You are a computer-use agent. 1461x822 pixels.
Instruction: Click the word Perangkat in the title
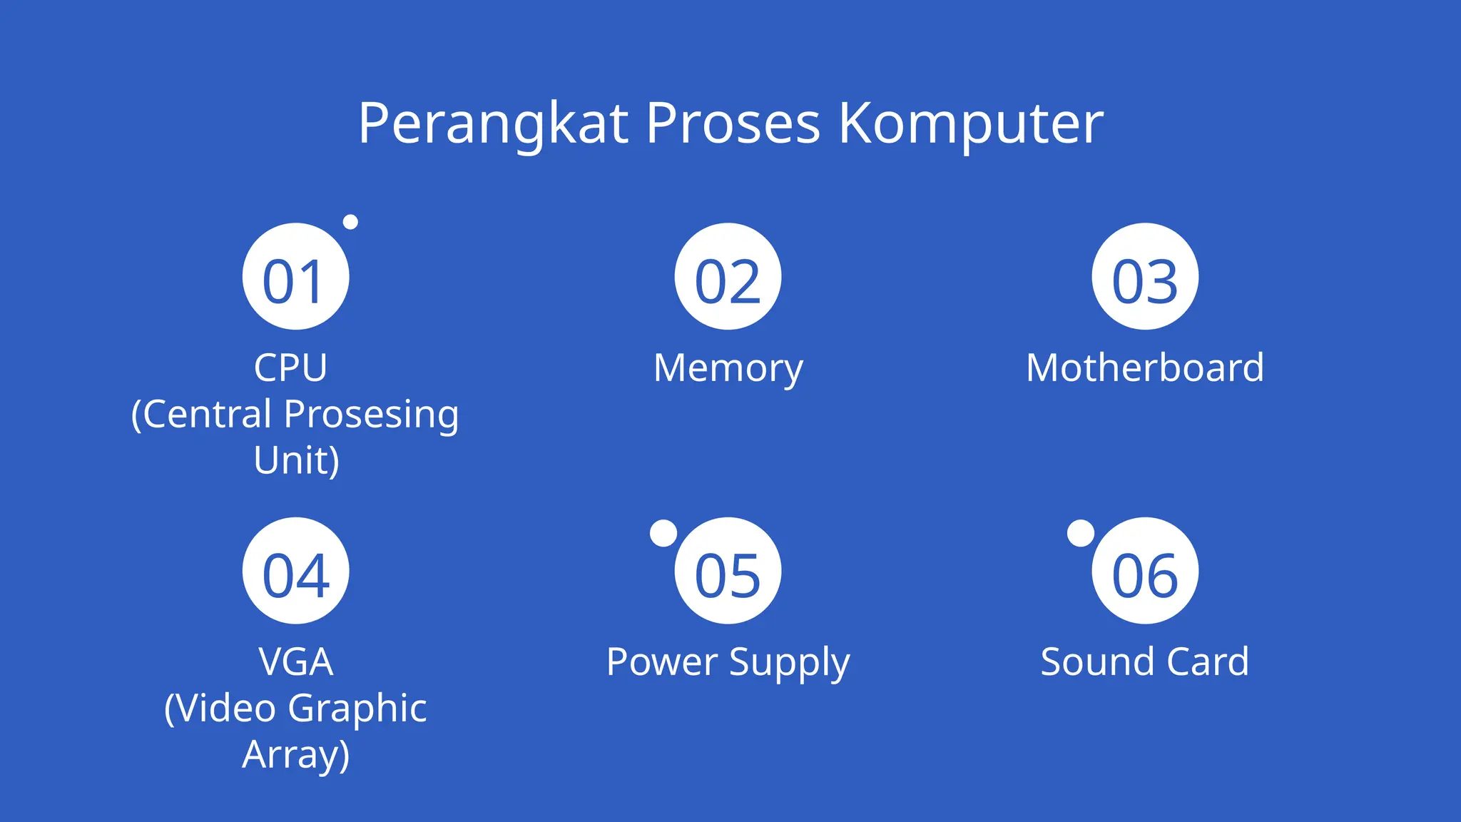pyautogui.click(x=493, y=124)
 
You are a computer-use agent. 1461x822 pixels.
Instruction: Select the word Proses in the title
pyautogui.click(x=733, y=124)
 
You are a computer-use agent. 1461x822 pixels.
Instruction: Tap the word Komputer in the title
pyautogui.click(x=970, y=124)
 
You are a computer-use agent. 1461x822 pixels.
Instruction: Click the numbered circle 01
pyautogui.click(x=295, y=277)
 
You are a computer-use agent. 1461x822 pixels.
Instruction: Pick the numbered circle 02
pyautogui.click(x=728, y=277)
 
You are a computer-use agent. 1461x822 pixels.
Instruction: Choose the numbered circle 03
pyautogui.click(x=1145, y=277)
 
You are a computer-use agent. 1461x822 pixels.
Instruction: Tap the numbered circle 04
pyautogui.click(x=295, y=571)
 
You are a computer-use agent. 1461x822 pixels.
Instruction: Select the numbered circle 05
pyautogui.click(x=728, y=571)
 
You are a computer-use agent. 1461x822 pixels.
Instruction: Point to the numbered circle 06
pyautogui.click(x=1145, y=571)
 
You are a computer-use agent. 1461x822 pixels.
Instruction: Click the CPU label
pyautogui.click(x=290, y=368)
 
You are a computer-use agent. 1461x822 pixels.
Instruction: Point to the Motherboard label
pyautogui.click(x=1145, y=368)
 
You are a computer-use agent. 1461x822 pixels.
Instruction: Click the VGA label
pyautogui.click(x=295, y=662)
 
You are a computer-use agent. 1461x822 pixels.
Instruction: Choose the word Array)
pyautogui.click(x=295, y=755)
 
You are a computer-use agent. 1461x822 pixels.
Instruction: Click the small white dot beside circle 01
pyautogui.click(x=350, y=222)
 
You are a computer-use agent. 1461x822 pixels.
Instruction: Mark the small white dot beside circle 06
pyautogui.click(x=1080, y=533)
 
